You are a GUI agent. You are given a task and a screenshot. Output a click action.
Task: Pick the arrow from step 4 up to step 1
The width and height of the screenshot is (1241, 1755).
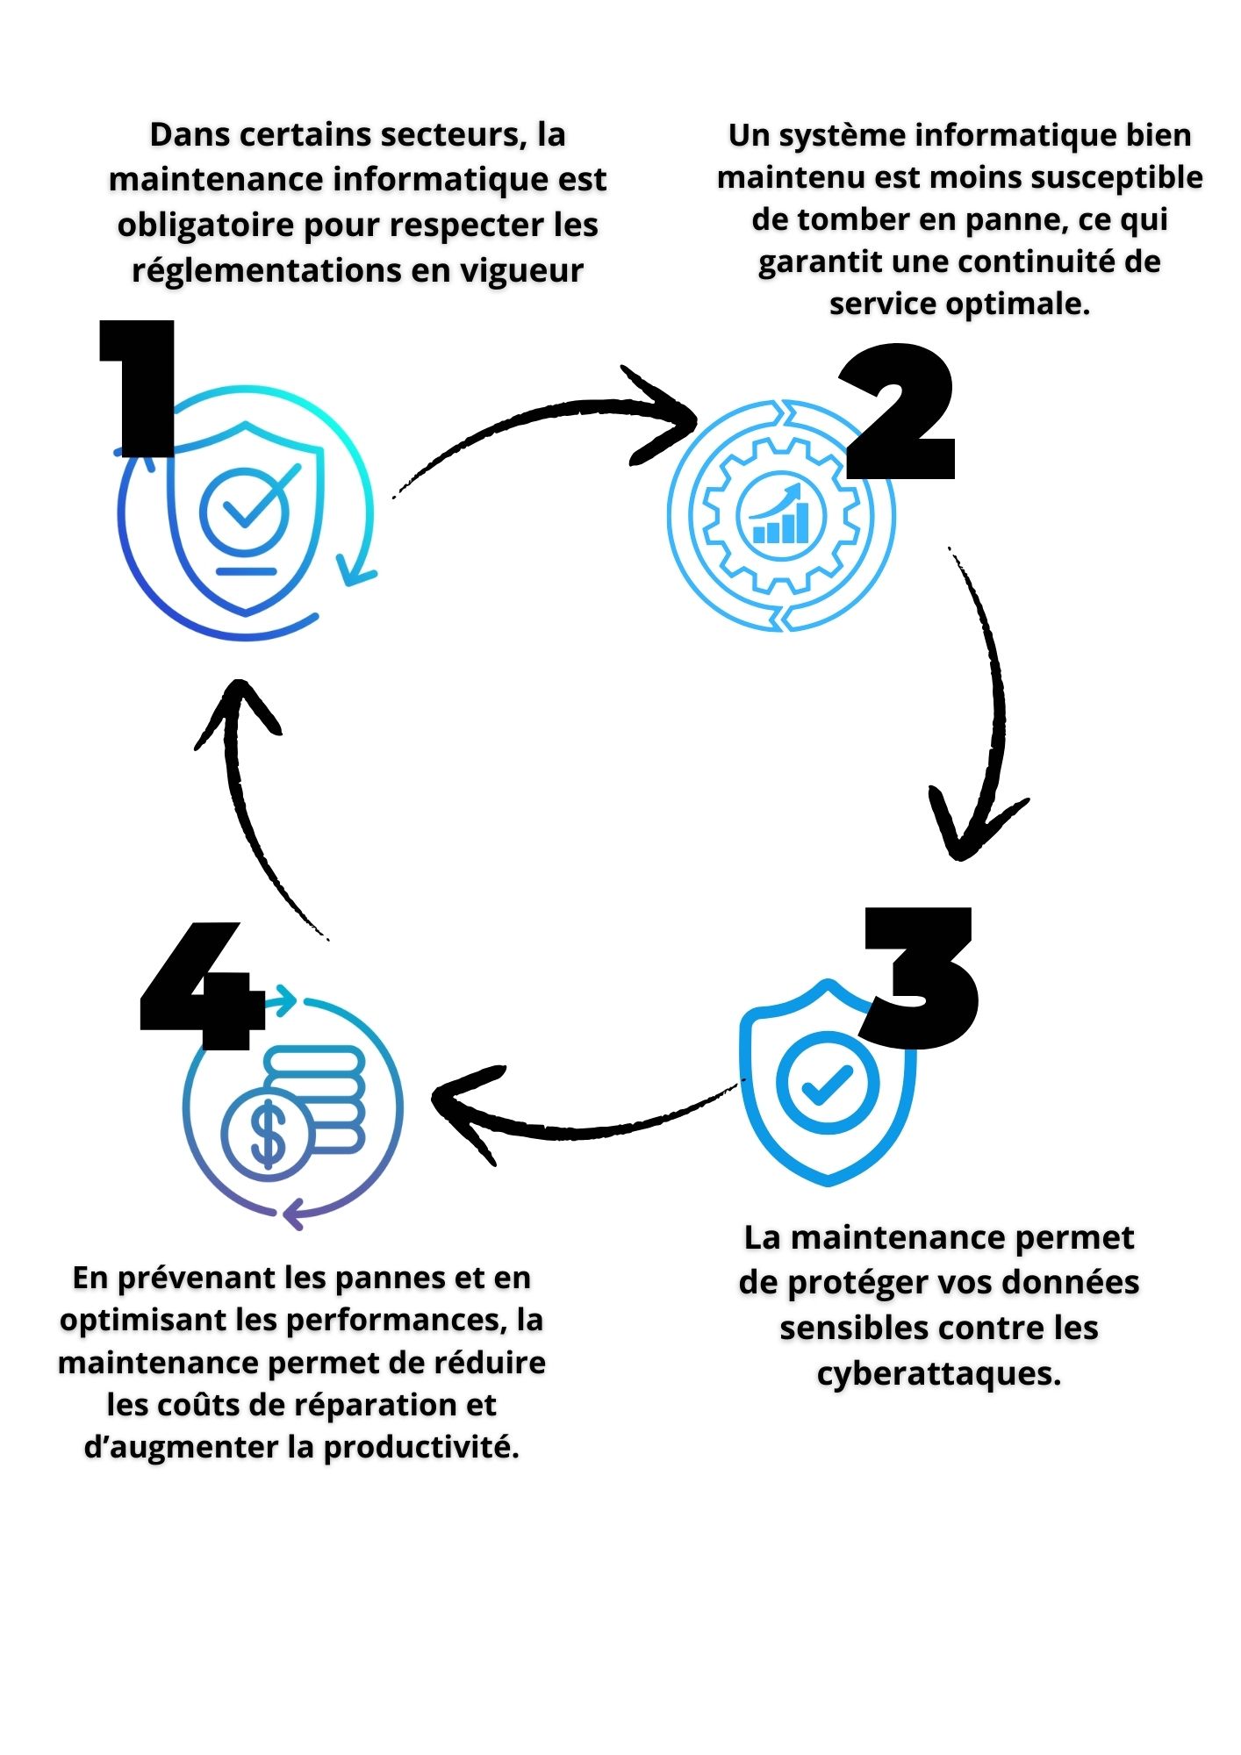(x=246, y=790)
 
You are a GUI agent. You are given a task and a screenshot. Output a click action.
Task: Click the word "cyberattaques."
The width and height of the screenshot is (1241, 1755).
(x=938, y=1373)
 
